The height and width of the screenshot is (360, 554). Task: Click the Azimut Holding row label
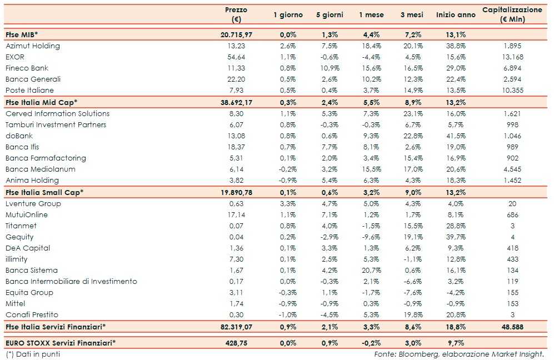[x=32, y=46]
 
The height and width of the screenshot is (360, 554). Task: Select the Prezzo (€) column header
[x=236, y=14]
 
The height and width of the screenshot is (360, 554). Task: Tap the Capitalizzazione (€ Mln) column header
[x=512, y=14]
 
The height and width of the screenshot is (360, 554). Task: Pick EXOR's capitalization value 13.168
[x=512, y=57]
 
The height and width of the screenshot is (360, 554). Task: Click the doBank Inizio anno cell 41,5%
[x=455, y=136]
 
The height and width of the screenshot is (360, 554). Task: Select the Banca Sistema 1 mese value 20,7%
[x=369, y=271]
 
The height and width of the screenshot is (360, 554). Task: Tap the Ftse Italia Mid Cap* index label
[x=41, y=102]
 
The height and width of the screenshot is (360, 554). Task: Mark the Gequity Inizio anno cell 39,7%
[x=455, y=237]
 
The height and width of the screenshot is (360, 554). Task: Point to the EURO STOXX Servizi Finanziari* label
[x=61, y=343]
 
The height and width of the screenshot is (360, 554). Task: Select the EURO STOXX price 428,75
[x=236, y=343]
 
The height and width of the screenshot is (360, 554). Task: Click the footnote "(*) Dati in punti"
[x=33, y=354]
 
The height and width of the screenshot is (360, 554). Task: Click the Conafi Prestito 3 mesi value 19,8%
[x=412, y=315]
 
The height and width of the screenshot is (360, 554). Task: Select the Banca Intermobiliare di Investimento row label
[x=71, y=282]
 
